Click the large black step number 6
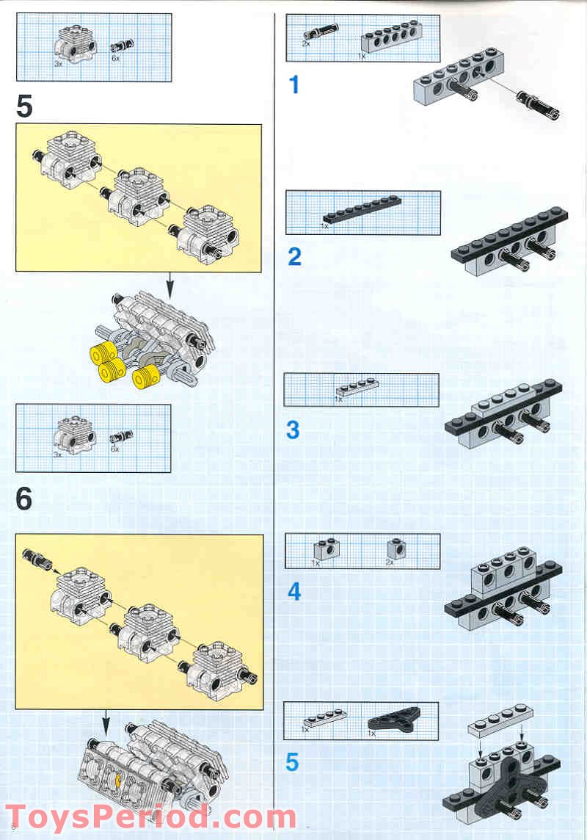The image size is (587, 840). [24, 499]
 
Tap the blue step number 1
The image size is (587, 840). [294, 85]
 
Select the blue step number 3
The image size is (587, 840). [293, 430]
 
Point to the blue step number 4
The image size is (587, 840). [293, 591]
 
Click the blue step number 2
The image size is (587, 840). [294, 257]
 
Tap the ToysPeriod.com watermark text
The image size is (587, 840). [150, 817]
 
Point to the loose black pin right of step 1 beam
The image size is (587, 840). [538, 104]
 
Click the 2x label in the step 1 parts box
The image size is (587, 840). [306, 43]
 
